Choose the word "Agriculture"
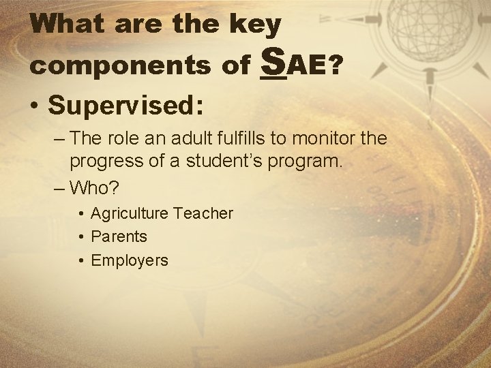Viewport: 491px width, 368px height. (129, 214)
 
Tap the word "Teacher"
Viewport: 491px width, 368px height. (203, 213)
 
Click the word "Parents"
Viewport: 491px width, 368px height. (119, 236)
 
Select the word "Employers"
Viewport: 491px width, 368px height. (129, 260)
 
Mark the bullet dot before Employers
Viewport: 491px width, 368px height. (80, 260)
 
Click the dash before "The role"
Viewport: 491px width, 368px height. (58, 139)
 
